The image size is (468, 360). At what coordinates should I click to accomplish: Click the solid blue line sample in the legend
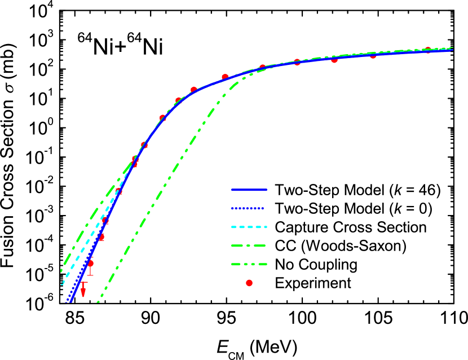[x=249, y=190]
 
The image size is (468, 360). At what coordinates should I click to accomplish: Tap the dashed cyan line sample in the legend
[x=249, y=227]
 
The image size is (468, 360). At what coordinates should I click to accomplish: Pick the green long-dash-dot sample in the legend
[x=249, y=245]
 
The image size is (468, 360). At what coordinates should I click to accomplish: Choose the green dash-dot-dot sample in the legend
[x=249, y=264]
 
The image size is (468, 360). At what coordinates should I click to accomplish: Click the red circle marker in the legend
[x=249, y=283]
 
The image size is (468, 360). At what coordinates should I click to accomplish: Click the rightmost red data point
[x=427, y=51]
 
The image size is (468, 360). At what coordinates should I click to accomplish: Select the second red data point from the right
[x=373, y=55]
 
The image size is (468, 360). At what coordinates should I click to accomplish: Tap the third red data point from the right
[x=334, y=59]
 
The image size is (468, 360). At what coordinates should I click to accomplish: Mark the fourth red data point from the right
[x=297, y=62]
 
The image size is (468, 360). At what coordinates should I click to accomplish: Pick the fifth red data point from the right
[x=262, y=68]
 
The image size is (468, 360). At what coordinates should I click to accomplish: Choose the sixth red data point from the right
[x=225, y=77]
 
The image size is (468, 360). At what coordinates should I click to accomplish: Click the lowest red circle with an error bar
[x=90, y=264]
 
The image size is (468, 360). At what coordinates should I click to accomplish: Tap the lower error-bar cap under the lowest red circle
[x=90, y=275]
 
